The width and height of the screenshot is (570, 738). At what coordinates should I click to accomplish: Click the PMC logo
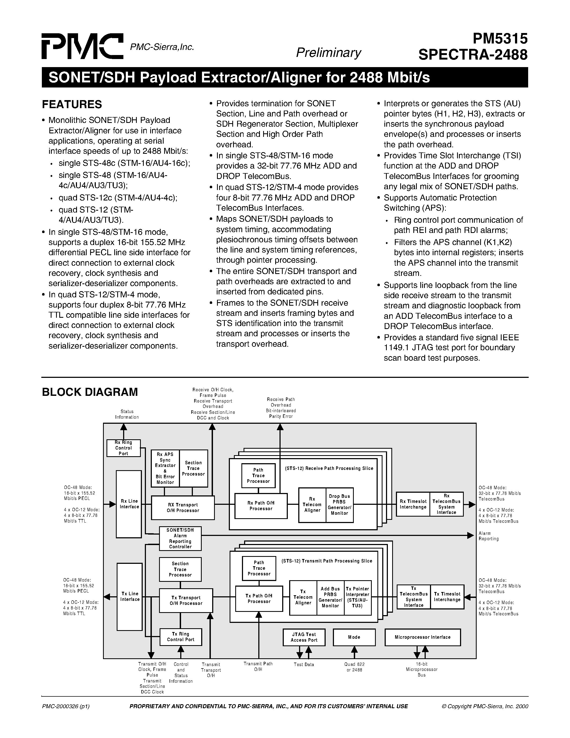[82, 46]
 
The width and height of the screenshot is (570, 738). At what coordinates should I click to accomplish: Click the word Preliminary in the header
[328, 53]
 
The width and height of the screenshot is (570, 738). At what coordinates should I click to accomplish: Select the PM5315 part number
[499, 39]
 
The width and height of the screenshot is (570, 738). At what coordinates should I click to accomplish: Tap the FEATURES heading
[72, 104]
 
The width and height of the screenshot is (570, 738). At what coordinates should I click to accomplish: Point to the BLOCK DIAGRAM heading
[90, 392]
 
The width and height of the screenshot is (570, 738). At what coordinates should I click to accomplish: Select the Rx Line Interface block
[129, 504]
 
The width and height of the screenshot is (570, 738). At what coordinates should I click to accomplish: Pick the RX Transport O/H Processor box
[183, 507]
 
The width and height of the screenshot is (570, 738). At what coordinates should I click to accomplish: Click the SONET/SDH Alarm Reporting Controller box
[180, 538]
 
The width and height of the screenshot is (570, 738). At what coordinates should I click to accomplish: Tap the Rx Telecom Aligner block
[312, 505]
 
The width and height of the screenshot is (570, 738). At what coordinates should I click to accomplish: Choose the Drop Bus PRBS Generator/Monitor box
[339, 505]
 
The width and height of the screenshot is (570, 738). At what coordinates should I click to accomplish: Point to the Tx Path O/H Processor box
[259, 598]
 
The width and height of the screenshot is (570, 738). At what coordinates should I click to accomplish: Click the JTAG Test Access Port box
[304, 637]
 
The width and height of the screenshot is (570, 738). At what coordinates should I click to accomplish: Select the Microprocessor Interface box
[422, 637]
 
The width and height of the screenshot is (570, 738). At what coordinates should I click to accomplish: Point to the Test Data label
[304, 665]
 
